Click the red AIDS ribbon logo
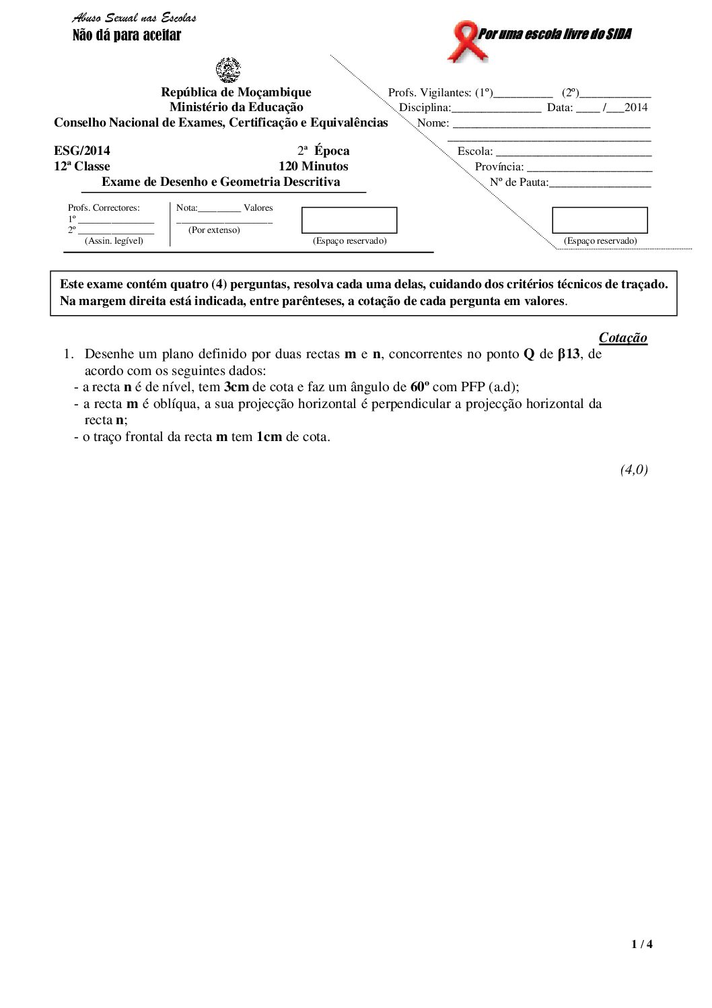click(464, 40)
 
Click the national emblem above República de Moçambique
click(228, 69)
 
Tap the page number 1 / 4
click(642, 944)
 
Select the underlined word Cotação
click(622, 338)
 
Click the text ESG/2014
click(82, 151)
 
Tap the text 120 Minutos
click(313, 166)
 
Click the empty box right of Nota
click(349, 220)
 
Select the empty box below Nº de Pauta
click(600, 220)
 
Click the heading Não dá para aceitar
click(127, 36)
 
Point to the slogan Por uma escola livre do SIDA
click(554, 34)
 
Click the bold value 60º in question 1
click(420, 387)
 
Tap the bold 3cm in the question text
click(236, 387)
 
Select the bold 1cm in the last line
click(269, 437)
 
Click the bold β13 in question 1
click(569, 354)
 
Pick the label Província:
click(499, 166)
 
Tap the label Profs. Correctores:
click(104, 208)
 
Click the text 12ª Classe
click(82, 166)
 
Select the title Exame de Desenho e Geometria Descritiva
click(221, 182)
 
